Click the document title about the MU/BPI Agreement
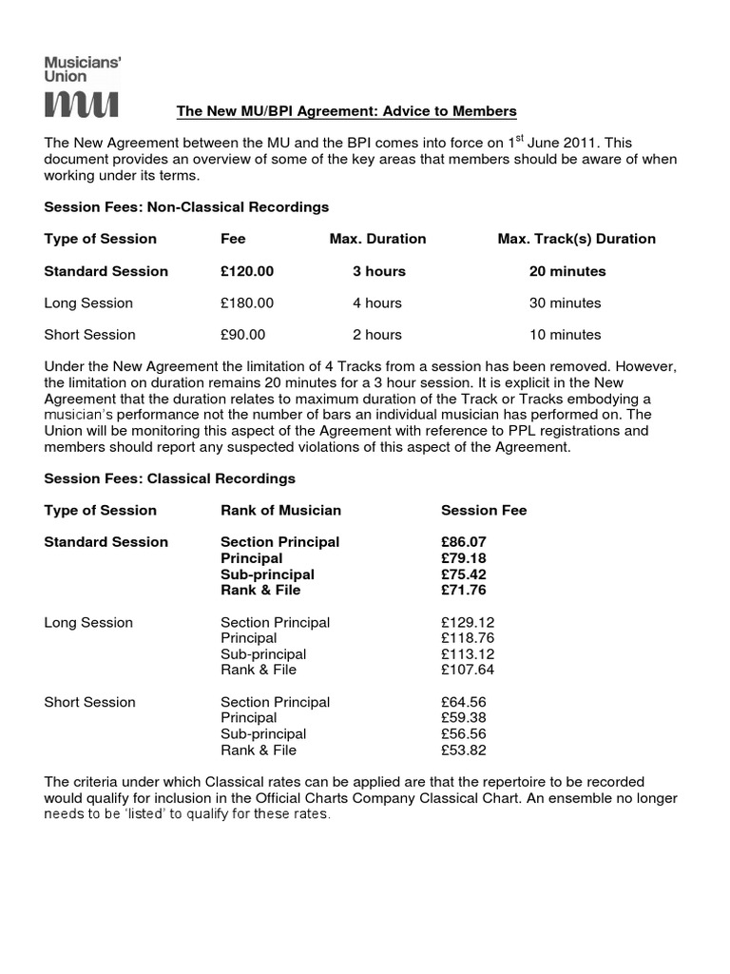click(347, 112)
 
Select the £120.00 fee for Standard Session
click(247, 271)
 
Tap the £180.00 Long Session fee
click(247, 303)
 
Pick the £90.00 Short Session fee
click(243, 335)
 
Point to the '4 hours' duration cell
click(377, 303)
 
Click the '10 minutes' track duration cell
click(565, 335)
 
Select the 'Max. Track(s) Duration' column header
click(576, 239)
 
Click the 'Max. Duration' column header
click(377, 239)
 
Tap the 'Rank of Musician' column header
click(280, 511)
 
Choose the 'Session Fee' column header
click(484, 511)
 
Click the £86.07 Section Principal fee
click(463, 542)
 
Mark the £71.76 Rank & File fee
click(463, 590)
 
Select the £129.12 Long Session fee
click(468, 622)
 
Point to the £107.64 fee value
click(468, 670)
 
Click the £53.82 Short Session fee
click(463, 750)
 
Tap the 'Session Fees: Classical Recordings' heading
click(170, 478)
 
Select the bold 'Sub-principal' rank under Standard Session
click(267, 575)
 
